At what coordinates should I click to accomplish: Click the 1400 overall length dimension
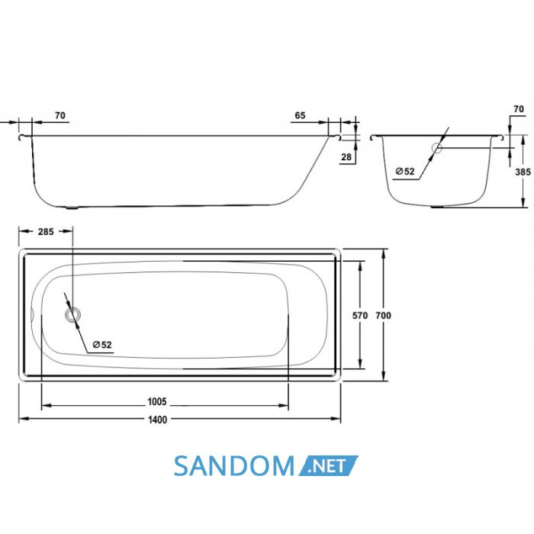tap(157, 420)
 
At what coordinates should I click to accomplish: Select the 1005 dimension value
tap(156, 402)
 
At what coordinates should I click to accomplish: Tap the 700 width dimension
tap(383, 316)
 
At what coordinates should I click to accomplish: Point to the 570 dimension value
tap(359, 316)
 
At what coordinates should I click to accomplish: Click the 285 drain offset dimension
tap(46, 232)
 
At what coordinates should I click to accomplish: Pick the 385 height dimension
tap(523, 172)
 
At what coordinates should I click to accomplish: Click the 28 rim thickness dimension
tap(346, 157)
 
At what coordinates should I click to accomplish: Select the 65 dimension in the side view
tap(300, 115)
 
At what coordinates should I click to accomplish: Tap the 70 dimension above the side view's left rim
tap(60, 115)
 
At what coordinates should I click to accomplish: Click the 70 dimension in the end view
tap(518, 109)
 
